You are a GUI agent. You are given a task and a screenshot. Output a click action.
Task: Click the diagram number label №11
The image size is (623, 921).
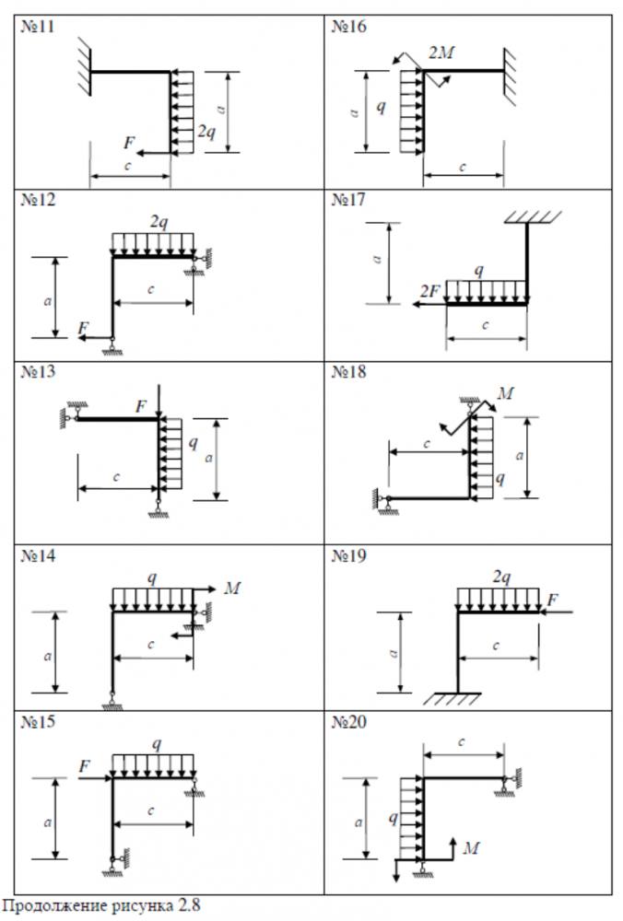pyautogui.click(x=38, y=27)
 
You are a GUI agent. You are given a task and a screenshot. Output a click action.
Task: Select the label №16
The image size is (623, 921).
pyautogui.click(x=348, y=27)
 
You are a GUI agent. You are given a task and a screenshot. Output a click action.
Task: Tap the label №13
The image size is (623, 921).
pyautogui.click(x=38, y=372)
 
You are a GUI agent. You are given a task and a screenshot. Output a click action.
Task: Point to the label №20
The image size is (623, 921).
pyautogui.click(x=348, y=722)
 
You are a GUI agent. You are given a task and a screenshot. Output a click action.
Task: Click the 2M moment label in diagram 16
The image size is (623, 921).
pyautogui.click(x=441, y=52)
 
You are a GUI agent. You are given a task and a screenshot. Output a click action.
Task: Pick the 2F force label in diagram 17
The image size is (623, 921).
pyautogui.click(x=429, y=291)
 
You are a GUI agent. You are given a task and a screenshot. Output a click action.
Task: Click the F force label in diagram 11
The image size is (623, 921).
pyautogui.click(x=129, y=142)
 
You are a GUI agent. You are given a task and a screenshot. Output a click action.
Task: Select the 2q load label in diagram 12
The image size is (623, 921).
pyautogui.click(x=159, y=222)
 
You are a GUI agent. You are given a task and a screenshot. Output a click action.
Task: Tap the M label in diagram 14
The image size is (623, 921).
pyautogui.click(x=232, y=588)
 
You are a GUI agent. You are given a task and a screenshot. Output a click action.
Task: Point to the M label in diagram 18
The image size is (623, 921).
pyautogui.click(x=505, y=393)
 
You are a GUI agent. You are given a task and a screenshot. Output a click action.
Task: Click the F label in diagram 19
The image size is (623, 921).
pyautogui.click(x=552, y=600)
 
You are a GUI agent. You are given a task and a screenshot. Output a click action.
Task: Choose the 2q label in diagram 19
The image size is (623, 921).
pyautogui.click(x=501, y=577)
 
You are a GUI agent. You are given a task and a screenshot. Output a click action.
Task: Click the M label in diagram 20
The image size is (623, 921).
pyautogui.click(x=471, y=847)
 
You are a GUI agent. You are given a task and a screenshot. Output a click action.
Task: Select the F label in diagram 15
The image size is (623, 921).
pyautogui.click(x=85, y=766)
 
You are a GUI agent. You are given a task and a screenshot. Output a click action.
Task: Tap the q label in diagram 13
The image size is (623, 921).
pyautogui.click(x=193, y=442)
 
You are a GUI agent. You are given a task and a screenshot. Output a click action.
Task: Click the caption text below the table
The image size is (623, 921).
pyautogui.click(x=102, y=905)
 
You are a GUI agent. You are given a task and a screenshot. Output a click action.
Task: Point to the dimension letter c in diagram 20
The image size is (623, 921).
pyautogui.click(x=462, y=742)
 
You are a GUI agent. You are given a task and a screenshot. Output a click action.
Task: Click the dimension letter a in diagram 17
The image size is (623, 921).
pyautogui.click(x=378, y=259)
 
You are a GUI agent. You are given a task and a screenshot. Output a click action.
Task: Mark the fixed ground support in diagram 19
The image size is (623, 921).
pyautogui.click(x=452, y=698)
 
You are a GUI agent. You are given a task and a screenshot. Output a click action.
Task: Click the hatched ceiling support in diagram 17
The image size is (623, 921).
pyautogui.click(x=533, y=217)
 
